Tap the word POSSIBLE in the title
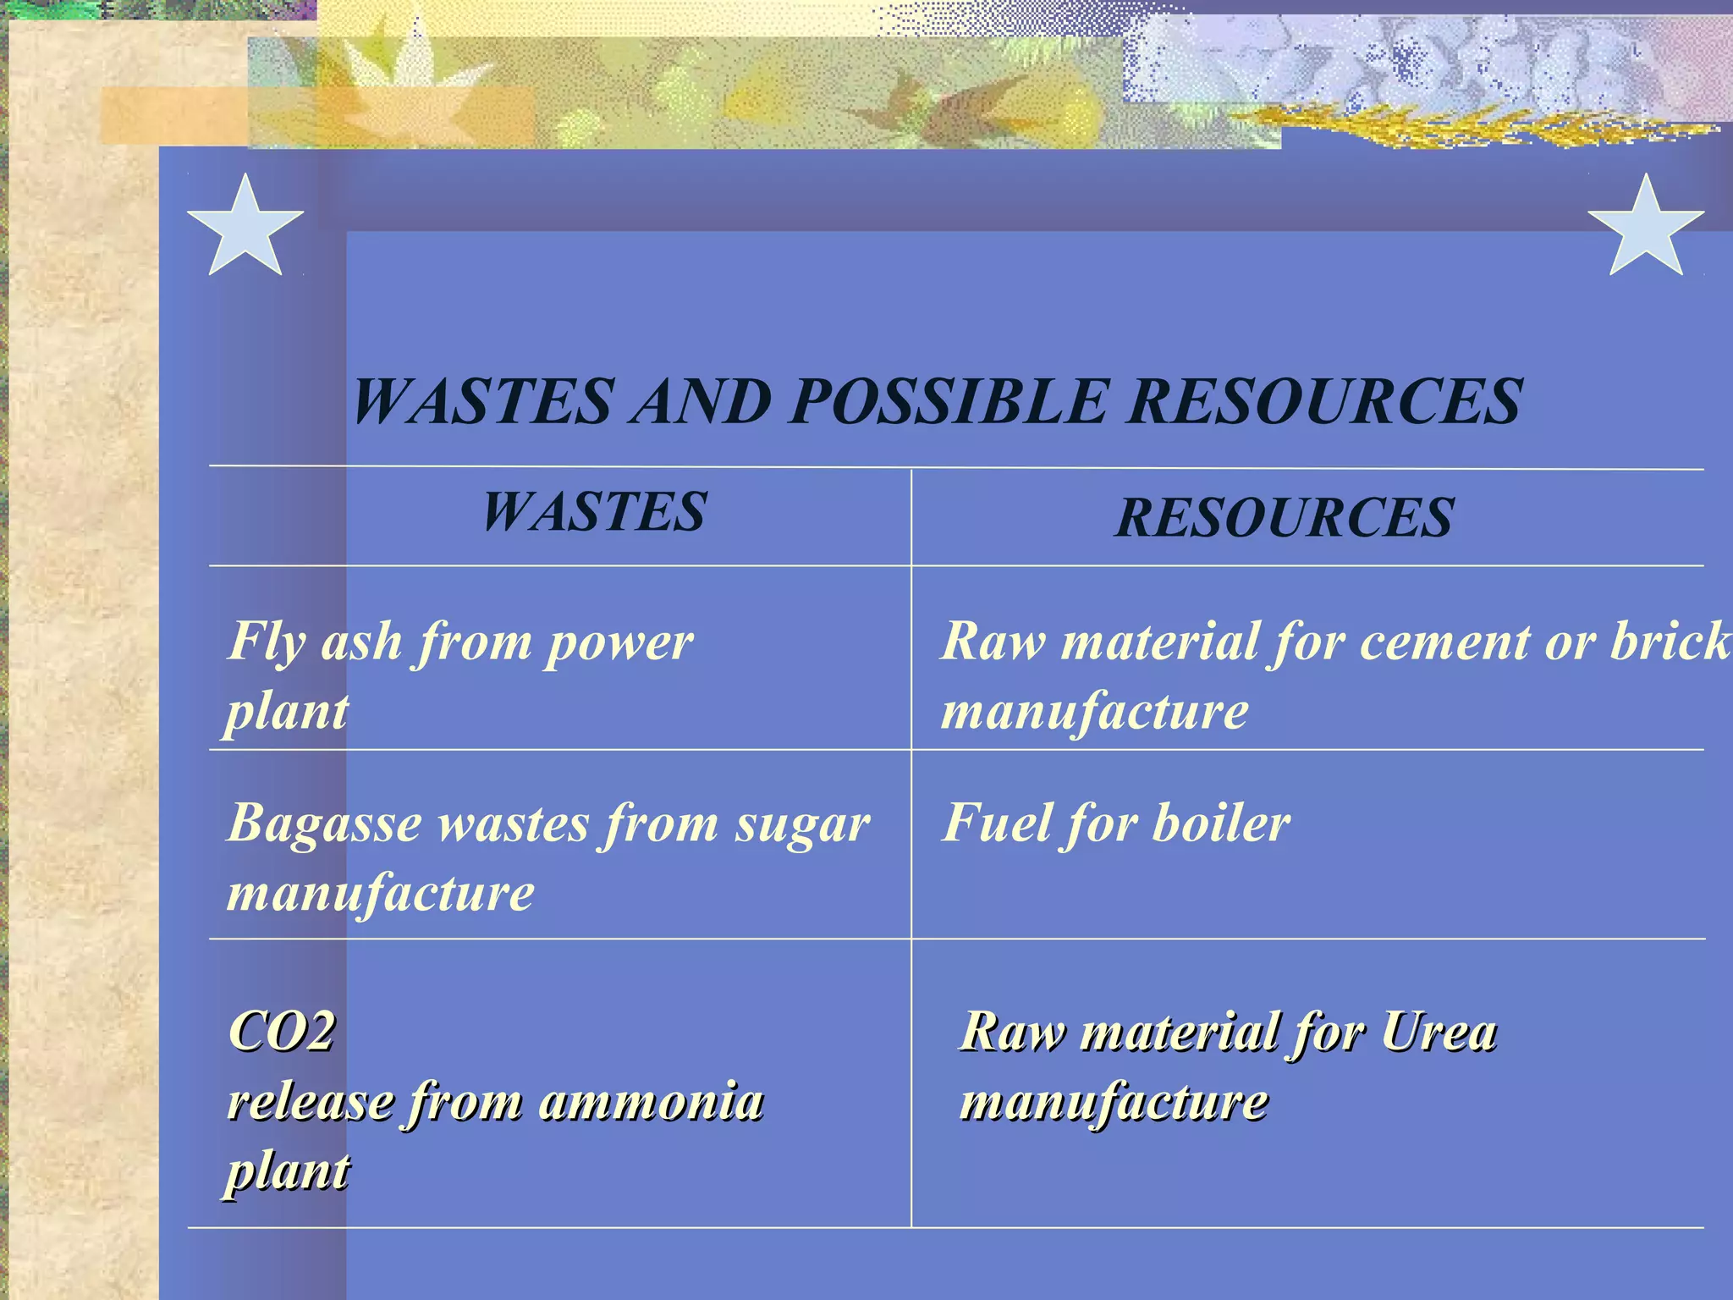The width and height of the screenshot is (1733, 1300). point(949,401)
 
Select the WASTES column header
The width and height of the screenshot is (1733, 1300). point(594,512)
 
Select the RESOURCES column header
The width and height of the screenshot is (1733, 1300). point(1284,518)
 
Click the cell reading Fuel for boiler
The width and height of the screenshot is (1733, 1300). point(1116,823)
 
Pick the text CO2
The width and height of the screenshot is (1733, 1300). point(282,1032)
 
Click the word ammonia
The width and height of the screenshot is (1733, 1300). point(651,1102)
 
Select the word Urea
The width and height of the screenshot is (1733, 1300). point(1439,1033)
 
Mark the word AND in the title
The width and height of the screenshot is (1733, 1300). point(701,401)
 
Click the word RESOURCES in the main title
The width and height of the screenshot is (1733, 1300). point(1325,401)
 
